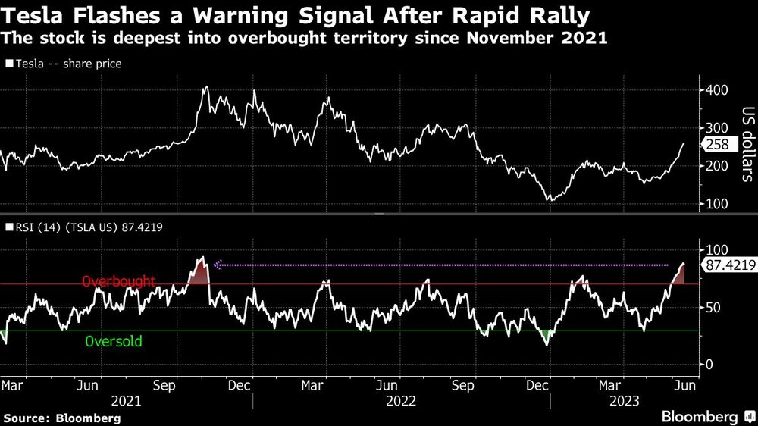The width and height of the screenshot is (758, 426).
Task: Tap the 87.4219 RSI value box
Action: [x=730, y=265]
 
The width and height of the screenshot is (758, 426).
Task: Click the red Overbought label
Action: [x=119, y=281]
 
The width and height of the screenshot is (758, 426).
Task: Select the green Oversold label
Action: [x=114, y=341]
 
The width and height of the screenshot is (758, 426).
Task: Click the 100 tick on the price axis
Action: [x=717, y=204]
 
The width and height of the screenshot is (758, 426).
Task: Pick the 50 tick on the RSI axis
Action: [x=714, y=307]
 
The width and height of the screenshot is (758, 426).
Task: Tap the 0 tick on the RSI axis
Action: [x=710, y=364]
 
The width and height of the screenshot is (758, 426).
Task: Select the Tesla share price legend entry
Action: [x=64, y=64]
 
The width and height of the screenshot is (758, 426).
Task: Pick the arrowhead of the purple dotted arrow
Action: [x=217, y=265]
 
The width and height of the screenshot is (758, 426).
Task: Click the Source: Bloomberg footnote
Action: [x=62, y=418]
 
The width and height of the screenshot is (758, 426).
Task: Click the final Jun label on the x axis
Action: [x=684, y=384]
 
